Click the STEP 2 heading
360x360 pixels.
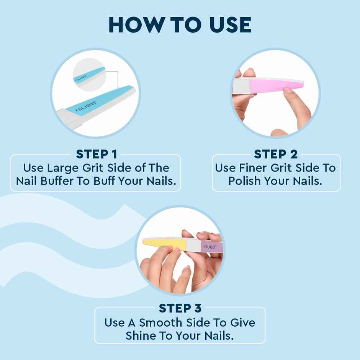point(276,154)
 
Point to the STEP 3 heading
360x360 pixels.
point(180,308)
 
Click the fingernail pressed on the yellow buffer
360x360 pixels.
point(177,249)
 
